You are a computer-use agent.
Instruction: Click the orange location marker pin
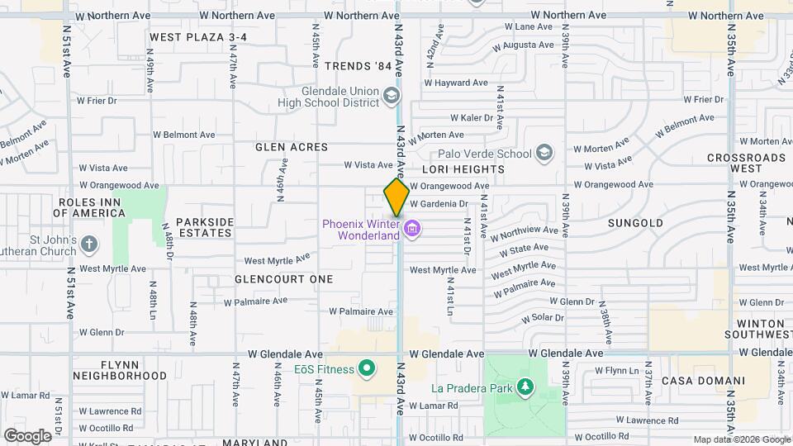[x=396, y=197]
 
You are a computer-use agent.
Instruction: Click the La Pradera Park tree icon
[x=525, y=387]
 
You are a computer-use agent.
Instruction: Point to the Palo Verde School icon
[x=544, y=153]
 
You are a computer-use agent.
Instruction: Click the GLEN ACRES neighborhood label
[x=292, y=147]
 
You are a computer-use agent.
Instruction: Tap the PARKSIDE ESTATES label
[x=205, y=227]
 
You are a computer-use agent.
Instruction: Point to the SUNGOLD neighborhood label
[x=635, y=223]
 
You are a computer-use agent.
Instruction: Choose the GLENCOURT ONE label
[x=283, y=279]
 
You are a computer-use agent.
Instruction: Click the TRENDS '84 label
[x=358, y=66]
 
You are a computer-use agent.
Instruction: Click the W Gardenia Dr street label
[x=439, y=203]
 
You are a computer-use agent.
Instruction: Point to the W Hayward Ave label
[x=456, y=83]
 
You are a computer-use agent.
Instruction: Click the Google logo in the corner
[x=28, y=435]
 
